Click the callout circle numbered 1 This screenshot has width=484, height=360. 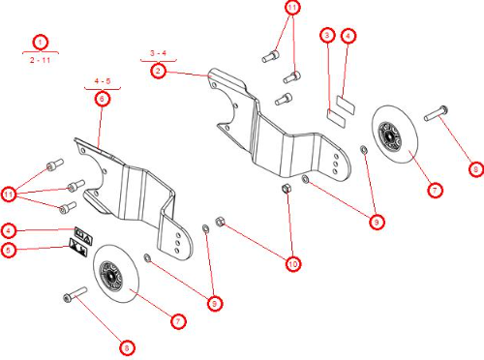(40, 42)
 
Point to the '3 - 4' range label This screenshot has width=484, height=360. (159, 51)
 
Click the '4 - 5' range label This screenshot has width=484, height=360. (103, 80)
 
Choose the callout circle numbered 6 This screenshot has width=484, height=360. (102, 99)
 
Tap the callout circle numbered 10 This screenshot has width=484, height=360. (292, 262)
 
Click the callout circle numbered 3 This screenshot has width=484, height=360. (328, 36)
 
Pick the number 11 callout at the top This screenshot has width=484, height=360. (291, 8)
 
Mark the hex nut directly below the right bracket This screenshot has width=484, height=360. (287, 188)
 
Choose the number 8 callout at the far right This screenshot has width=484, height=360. (475, 168)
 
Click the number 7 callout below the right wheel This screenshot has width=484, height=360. (435, 191)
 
